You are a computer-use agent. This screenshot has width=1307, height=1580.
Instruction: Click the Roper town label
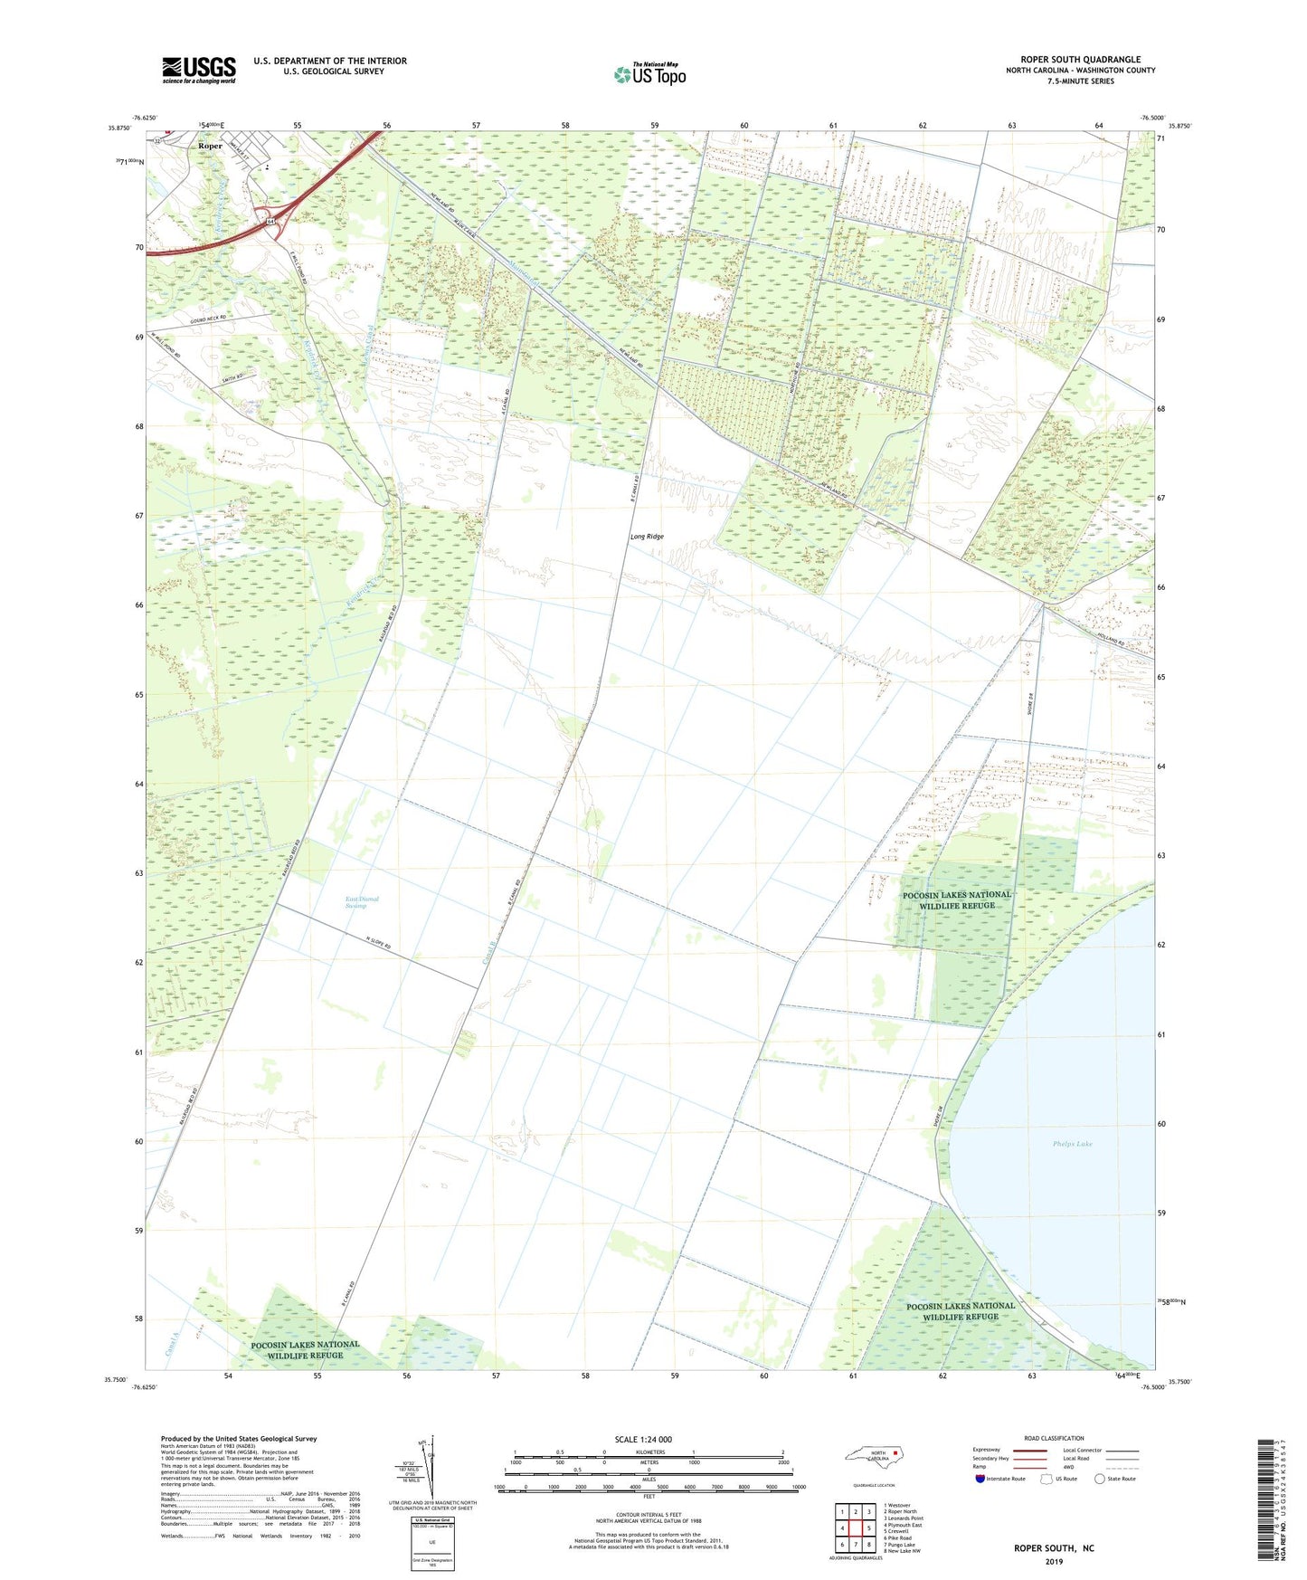210,146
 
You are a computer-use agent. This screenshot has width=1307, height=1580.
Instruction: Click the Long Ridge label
647,537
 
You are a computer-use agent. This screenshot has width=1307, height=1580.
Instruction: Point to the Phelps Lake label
1072,1144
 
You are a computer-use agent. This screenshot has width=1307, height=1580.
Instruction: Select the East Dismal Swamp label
362,902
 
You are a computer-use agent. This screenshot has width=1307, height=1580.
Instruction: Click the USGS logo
199,70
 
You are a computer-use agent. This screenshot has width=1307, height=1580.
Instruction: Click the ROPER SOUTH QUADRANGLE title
1080,60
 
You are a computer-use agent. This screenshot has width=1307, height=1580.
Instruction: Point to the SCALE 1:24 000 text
643,1439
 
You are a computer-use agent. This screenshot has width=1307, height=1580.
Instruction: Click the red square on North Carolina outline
895,1454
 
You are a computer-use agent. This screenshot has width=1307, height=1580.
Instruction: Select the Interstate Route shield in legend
980,1479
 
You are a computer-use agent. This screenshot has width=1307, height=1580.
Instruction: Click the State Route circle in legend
1100,1479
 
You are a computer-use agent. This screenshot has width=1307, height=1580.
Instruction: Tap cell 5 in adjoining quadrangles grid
868,1528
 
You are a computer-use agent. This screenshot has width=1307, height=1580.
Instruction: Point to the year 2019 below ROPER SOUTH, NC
1054,1562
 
